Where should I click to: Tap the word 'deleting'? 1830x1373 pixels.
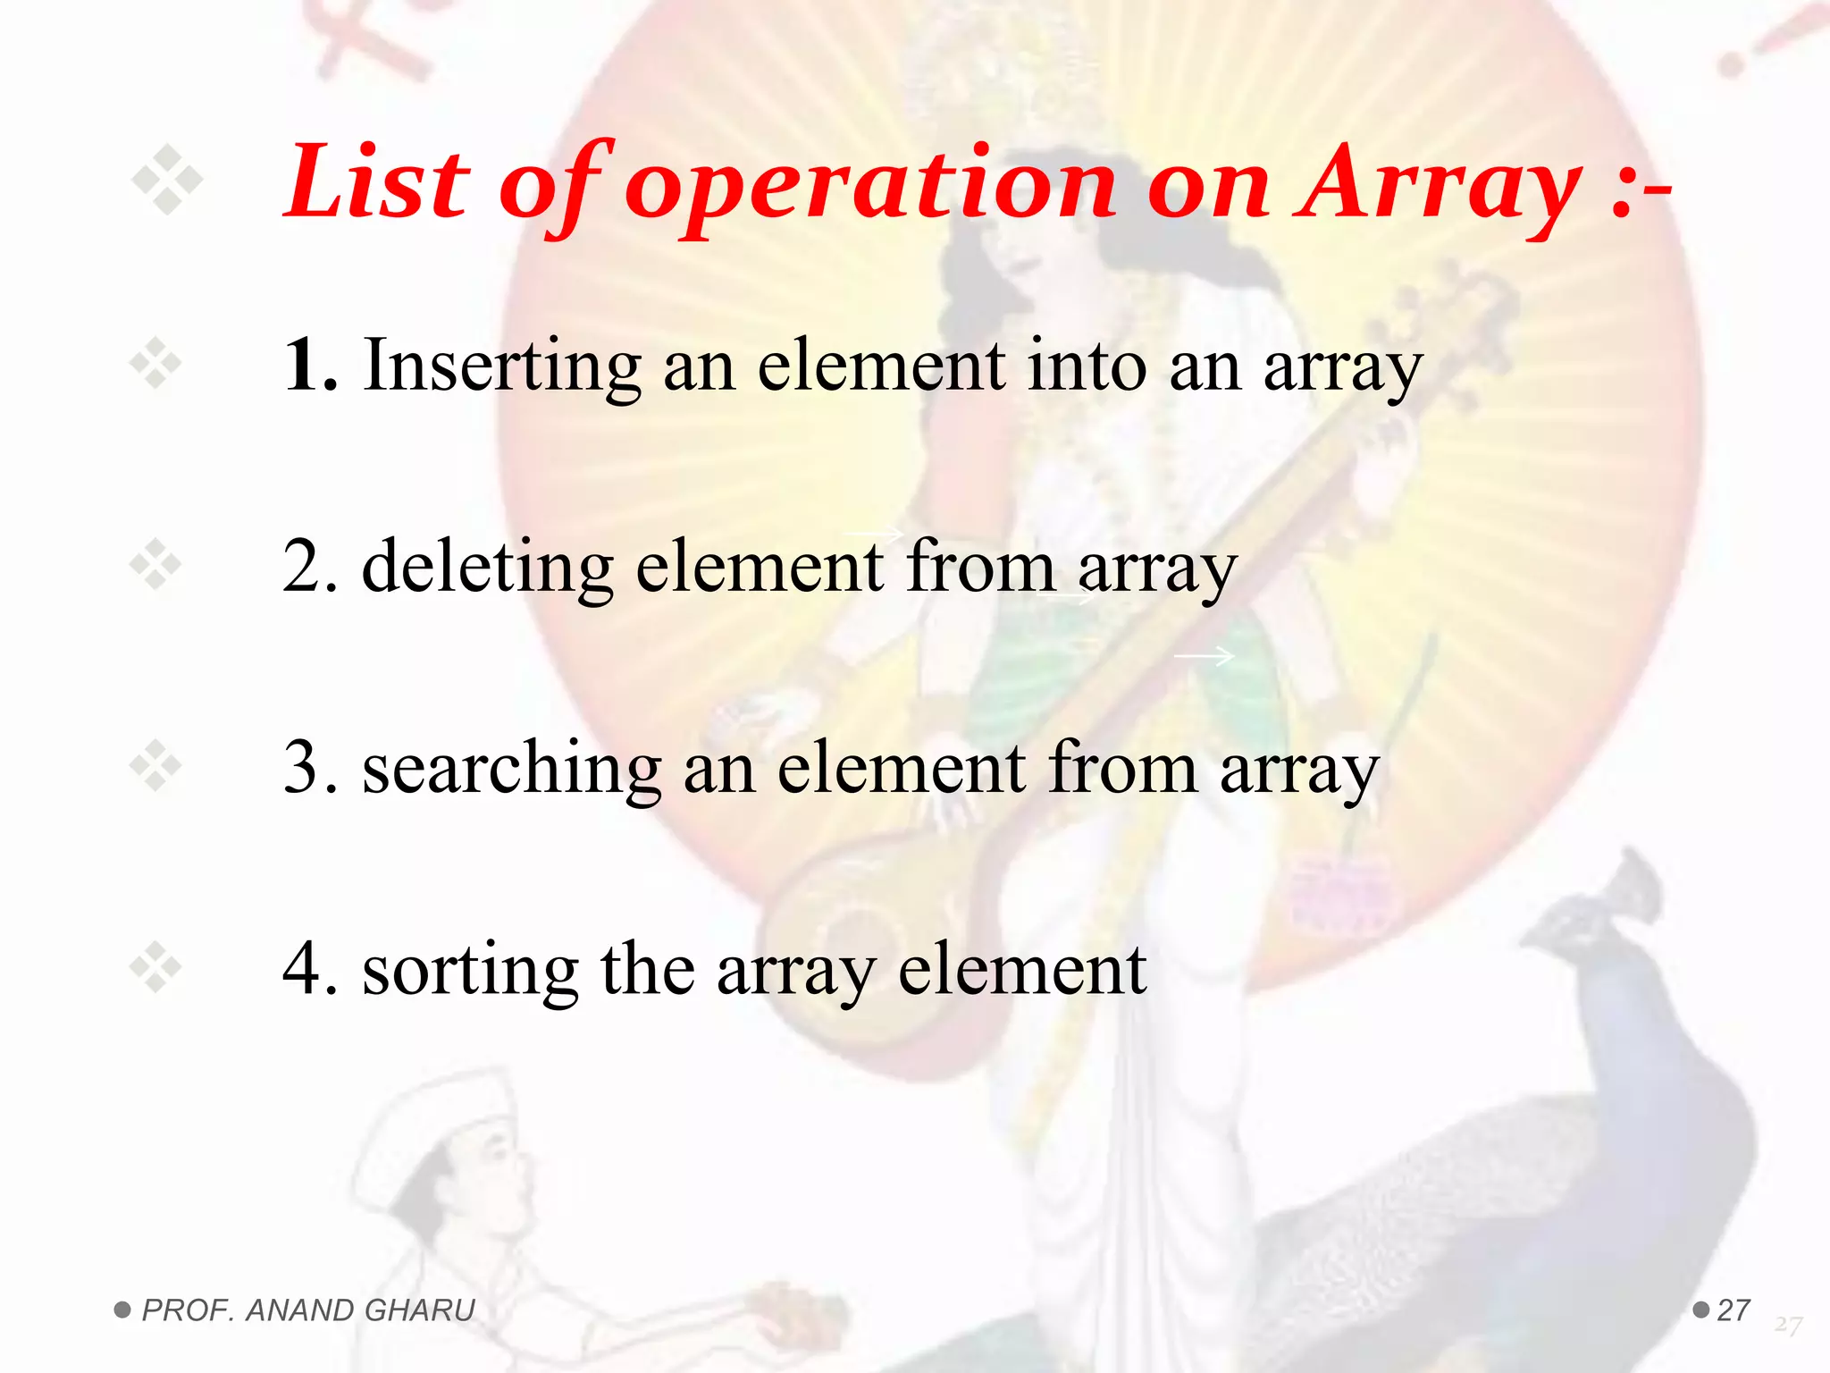pos(488,568)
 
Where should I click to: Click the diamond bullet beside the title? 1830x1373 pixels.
pos(167,181)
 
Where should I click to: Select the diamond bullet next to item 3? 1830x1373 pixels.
pos(155,766)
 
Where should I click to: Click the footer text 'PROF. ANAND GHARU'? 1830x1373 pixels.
pos(308,1310)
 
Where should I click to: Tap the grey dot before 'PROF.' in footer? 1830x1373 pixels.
pos(122,1310)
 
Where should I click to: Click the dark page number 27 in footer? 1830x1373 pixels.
pos(1733,1310)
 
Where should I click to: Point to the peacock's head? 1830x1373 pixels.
pos(1599,921)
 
